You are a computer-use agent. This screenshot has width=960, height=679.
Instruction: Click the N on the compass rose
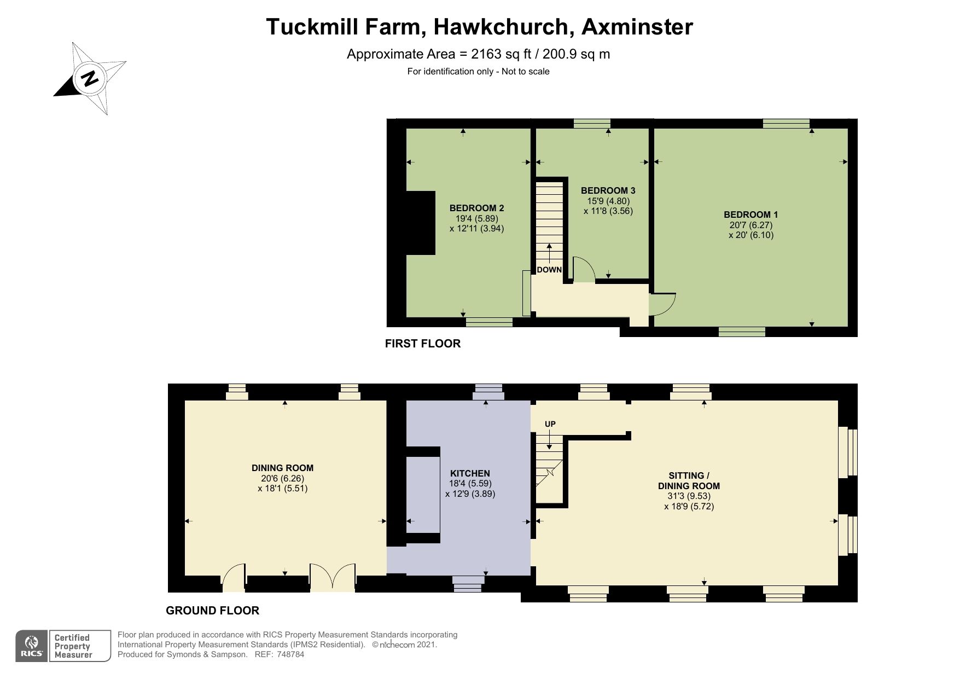(90, 78)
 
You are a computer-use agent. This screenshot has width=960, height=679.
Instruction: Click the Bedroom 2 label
(476, 208)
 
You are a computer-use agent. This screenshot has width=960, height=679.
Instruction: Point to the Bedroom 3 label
(608, 190)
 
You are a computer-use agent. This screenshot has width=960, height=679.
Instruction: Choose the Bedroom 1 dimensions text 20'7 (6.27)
(750, 225)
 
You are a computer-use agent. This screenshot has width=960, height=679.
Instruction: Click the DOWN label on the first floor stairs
(549, 270)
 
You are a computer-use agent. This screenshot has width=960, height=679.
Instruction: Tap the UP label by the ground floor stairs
(550, 424)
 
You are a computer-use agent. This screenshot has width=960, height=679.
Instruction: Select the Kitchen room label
(470, 473)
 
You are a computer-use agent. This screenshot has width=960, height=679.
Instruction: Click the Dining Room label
(282, 468)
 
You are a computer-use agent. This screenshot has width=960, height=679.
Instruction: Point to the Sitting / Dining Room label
(689, 480)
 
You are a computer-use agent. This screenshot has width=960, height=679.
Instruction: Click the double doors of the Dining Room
(333, 578)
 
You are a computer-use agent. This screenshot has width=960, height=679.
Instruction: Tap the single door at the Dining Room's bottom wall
(234, 579)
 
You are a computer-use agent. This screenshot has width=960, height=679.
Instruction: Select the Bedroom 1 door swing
(662, 304)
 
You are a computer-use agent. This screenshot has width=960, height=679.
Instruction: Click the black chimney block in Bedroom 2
(420, 223)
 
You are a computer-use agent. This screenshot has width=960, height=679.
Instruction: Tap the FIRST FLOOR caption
(422, 344)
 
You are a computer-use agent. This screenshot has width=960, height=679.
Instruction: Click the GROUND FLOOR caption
(212, 611)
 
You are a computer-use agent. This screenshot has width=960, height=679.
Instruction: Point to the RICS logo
(32, 646)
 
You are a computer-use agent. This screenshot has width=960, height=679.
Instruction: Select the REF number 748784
(290, 654)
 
